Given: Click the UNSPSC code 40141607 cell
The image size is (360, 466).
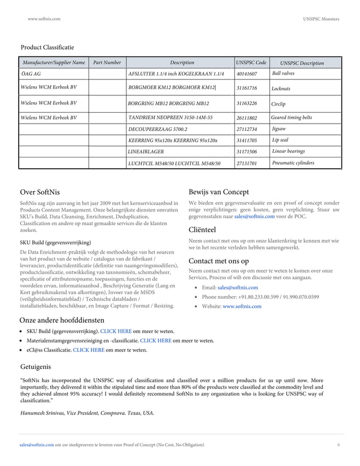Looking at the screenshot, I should [247, 74].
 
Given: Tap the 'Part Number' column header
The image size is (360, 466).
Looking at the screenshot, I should [107, 63].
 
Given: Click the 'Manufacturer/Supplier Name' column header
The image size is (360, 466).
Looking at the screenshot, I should [53, 63].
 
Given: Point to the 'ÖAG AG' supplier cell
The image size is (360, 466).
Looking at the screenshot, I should [30, 74].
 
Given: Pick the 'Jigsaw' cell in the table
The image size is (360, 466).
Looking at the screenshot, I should [279, 128].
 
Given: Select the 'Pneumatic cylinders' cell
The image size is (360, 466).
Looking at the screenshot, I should [293, 163].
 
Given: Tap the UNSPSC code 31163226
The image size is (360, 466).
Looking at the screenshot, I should [247, 104].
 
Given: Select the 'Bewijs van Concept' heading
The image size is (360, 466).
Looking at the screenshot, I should [218, 192].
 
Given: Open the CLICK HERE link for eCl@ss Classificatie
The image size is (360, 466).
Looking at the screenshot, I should [89, 350].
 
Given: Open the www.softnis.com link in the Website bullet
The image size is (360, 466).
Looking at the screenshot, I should [242, 306].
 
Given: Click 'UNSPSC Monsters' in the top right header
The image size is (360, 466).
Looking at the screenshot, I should [321, 19].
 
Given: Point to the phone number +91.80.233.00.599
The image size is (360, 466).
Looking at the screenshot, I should [253, 297].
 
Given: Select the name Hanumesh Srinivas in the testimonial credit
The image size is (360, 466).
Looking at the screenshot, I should [42, 413].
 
